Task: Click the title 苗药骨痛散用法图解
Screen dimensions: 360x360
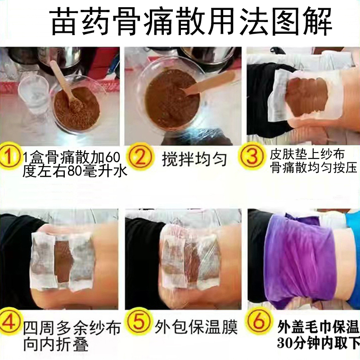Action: (x=192, y=22)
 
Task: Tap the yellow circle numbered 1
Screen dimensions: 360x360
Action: (x=9, y=157)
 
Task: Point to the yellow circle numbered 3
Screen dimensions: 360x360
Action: (x=252, y=157)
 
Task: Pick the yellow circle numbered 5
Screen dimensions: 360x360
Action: (x=139, y=322)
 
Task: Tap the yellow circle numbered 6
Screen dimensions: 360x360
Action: (x=258, y=322)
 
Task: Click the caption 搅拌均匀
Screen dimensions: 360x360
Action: (x=194, y=160)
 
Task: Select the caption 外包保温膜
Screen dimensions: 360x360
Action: (x=196, y=327)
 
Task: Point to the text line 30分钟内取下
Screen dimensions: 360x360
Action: (x=319, y=343)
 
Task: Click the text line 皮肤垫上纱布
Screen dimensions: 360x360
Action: (x=307, y=154)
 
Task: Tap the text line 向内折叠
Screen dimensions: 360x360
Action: (x=56, y=344)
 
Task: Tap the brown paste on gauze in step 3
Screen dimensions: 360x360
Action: (x=307, y=96)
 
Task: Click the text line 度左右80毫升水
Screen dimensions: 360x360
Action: (x=75, y=171)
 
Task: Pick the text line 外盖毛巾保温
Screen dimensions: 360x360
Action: (x=319, y=327)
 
